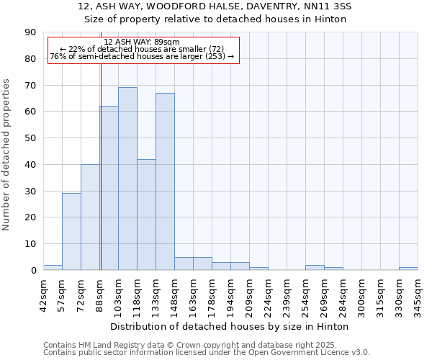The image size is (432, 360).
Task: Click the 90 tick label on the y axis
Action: (x=31, y=32)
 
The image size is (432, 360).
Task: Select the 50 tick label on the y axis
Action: (x=31, y=138)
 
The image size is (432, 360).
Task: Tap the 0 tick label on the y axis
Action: (x=34, y=271)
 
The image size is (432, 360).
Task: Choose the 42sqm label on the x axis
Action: (x=44, y=294)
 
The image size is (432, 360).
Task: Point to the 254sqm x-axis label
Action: (x=306, y=294)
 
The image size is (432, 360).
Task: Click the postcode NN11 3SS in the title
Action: (x=327, y=6)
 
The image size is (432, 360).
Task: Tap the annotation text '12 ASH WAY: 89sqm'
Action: (x=142, y=42)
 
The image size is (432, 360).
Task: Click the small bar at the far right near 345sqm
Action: (x=408, y=269)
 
